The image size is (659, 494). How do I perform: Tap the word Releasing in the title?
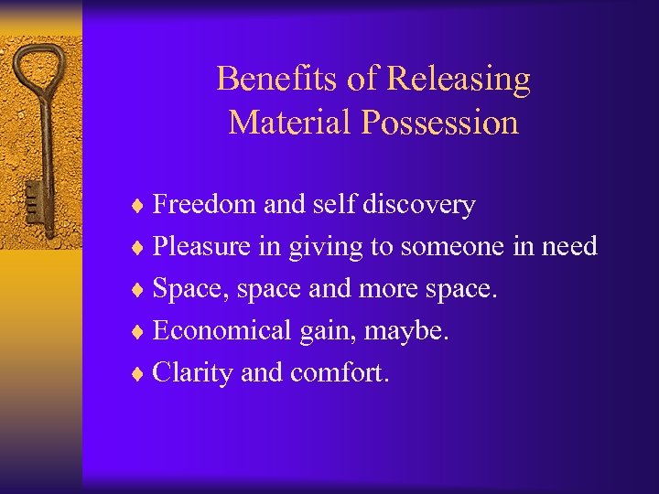[459, 81]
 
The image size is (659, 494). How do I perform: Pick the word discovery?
[418, 205]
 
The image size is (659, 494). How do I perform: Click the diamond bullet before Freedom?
[140, 206]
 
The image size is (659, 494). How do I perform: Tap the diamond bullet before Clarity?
[140, 374]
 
